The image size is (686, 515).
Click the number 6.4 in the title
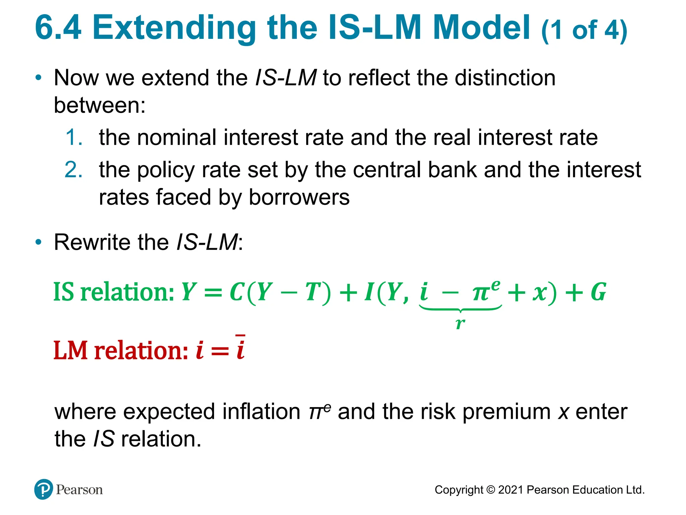[58, 28]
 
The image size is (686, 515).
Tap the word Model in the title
[481, 28]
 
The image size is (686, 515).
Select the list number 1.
[74, 137]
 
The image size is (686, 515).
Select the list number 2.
[74, 170]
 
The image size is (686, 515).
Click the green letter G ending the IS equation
[598, 292]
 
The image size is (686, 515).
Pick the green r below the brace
[460, 323]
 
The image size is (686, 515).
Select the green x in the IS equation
[540, 293]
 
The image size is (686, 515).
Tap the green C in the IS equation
[236, 292]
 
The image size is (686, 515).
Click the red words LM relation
[121, 351]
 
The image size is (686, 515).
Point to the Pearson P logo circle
[44, 489]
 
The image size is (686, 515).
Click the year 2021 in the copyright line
[510, 490]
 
